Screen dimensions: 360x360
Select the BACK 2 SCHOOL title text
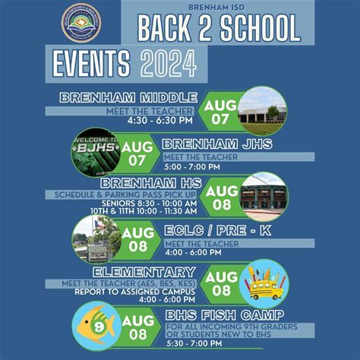[x=219, y=28]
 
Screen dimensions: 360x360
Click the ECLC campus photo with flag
[x=96, y=238]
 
